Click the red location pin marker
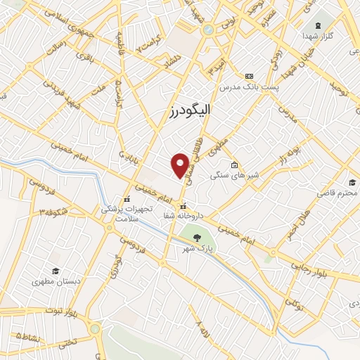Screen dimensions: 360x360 pos(181,166)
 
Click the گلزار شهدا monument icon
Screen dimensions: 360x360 pos(318,26)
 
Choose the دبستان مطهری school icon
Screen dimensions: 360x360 pos(55,271)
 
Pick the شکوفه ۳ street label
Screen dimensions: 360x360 pos(54,210)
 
